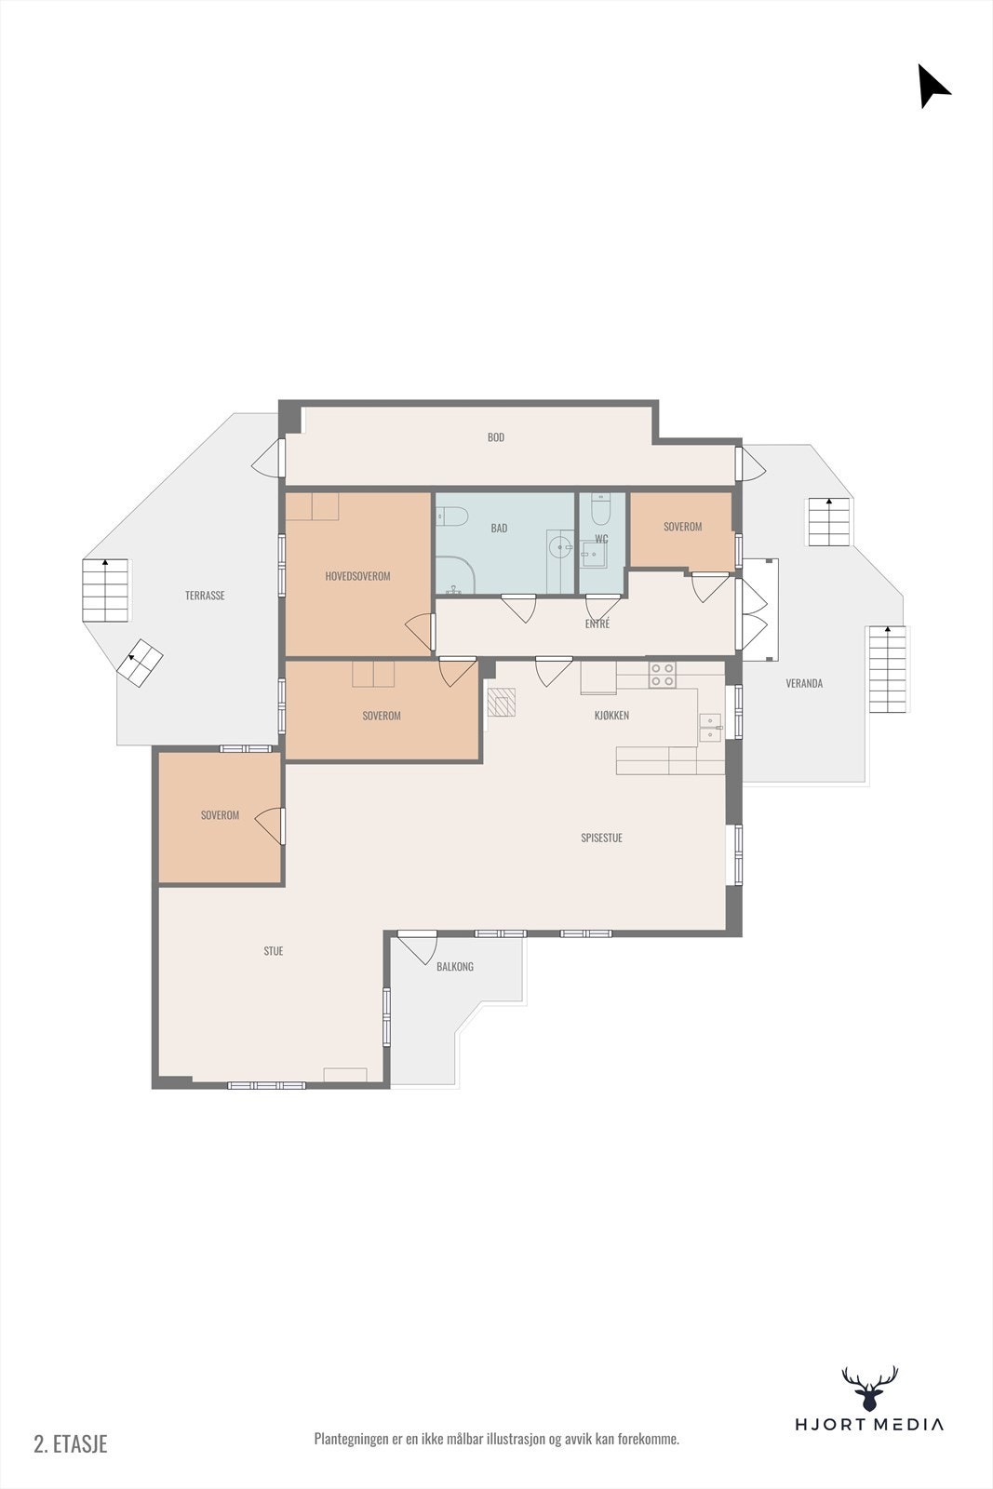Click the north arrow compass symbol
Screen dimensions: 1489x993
tap(933, 86)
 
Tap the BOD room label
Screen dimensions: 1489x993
tap(496, 437)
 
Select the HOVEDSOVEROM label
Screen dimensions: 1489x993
tap(357, 576)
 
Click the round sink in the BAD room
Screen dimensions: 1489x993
tap(560, 546)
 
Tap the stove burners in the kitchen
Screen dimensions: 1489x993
tap(662, 675)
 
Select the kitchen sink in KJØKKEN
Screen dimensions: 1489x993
tap(710, 727)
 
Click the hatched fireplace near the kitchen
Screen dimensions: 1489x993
tap(502, 702)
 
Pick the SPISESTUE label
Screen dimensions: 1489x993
tap(601, 838)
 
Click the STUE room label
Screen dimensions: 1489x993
tap(273, 951)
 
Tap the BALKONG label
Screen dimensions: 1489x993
tap(455, 967)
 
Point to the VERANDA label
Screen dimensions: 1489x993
tap(804, 683)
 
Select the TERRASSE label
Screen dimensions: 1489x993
tap(205, 596)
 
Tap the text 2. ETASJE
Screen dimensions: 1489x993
tap(71, 1443)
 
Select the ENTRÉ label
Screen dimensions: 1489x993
tap(597, 624)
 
